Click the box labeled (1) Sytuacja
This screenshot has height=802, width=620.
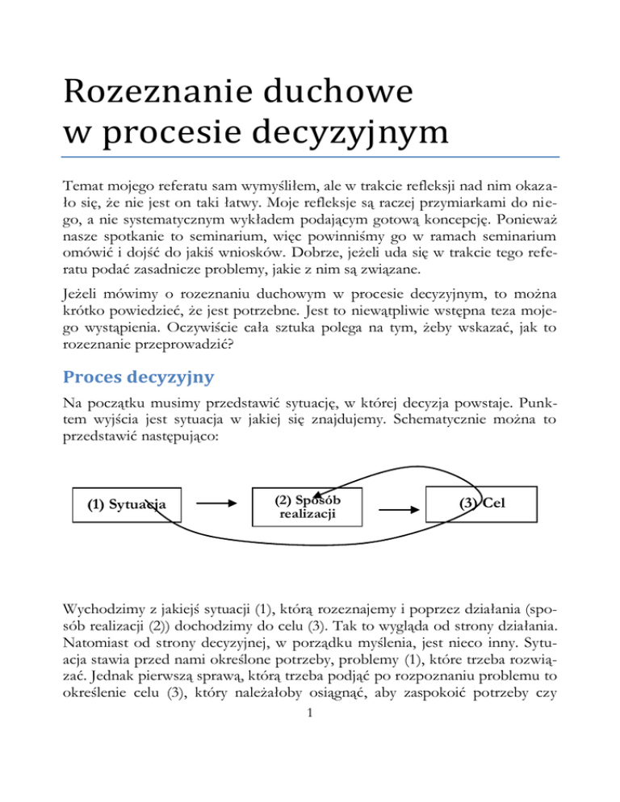pyautogui.click(x=126, y=505)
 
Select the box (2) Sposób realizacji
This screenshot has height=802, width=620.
pyautogui.click(x=308, y=507)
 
